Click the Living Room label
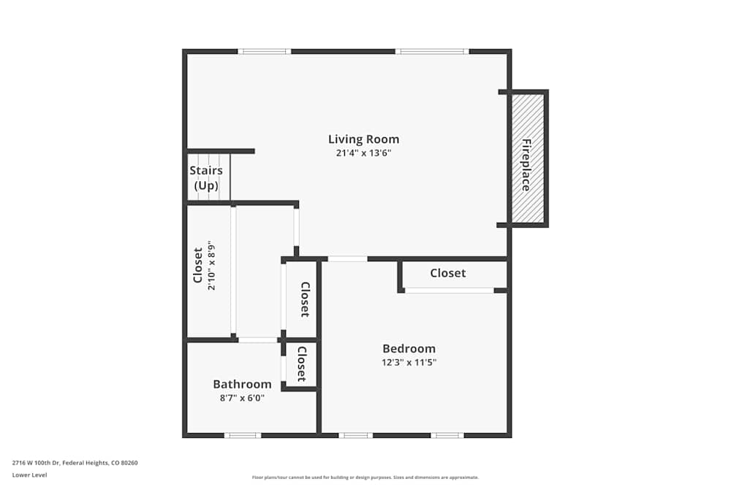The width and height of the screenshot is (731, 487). [x=363, y=139]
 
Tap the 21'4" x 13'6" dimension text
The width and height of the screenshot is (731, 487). [x=363, y=153]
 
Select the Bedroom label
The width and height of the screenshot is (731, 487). [x=409, y=348]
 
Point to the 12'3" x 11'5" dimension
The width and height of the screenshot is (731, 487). [x=409, y=362]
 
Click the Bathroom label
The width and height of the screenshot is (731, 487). [x=242, y=384]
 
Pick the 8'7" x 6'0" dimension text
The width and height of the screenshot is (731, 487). [x=242, y=398]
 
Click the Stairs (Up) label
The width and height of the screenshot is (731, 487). [x=206, y=177]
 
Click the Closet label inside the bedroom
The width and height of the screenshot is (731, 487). [x=447, y=273]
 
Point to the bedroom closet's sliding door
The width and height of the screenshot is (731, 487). [x=450, y=291]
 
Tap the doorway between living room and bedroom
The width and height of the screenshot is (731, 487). [x=347, y=258]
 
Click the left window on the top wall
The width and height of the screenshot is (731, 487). [x=265, y=51]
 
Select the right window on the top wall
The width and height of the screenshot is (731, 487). [x=432, y=51]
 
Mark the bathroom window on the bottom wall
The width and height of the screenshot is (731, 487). [x=242, y=435]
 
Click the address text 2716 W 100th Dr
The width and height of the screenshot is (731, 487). [x=75, y=462]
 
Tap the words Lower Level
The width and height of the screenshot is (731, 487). [x=29, y=475]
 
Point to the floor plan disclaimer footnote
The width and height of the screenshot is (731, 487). [x=365, y=478]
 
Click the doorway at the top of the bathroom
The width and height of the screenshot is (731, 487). [x=257, y=340]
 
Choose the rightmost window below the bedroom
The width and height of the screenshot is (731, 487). [x=447, y=435]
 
